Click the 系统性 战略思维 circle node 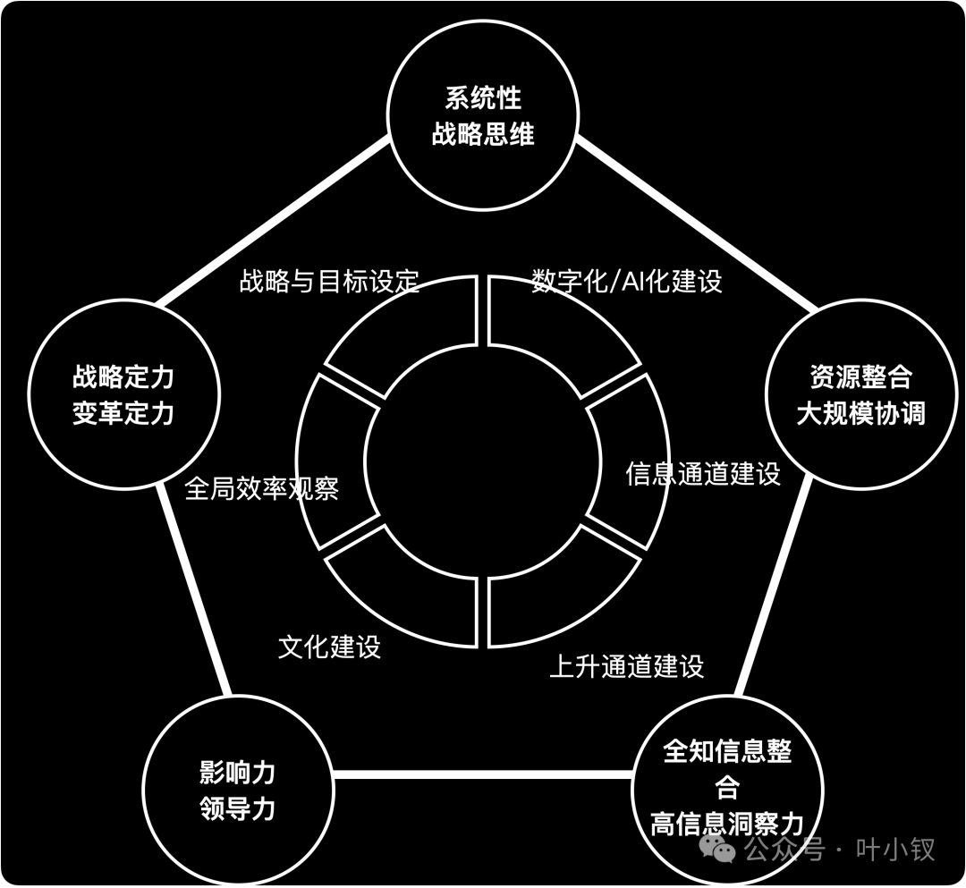(483, 116)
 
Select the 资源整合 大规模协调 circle (860, 394)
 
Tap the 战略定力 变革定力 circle (123, 394)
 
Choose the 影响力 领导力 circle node (238, 791)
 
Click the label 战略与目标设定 (329, 281)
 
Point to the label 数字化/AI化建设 (626, 281)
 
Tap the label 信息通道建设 (703, 473)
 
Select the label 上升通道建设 (626, 666)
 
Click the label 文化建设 (329, 646)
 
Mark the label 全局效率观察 (261, 488)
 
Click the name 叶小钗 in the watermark (895, 849)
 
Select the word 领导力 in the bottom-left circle (238, 809)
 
